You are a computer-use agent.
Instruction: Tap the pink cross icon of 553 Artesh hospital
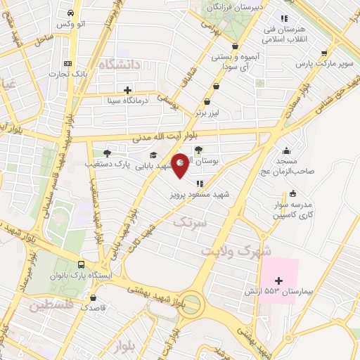(278, 281)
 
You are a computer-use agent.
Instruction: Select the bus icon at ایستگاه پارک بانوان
(82, 265)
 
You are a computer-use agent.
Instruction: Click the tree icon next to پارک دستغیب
(107, 153)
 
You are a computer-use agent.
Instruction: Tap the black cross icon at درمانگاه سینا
(127, 90)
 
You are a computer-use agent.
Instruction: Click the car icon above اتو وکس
(71, 13)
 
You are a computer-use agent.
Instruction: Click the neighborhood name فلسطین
(52, 306)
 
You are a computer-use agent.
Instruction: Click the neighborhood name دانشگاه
(121, 65)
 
